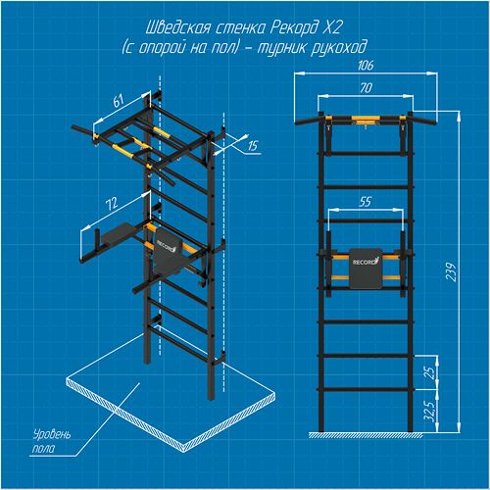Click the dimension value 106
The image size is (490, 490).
pyautogui.click(x=366, y=66)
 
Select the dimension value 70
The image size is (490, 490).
pyautogui.click(x=366, y=88)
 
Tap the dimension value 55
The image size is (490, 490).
pyautogui.click(x=366, y=202)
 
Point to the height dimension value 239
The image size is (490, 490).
pyautogui.click(x=452, y=271)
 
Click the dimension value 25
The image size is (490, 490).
pyautogui.click(x=431, y=372)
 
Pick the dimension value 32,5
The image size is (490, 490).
pyautogui.click(x=431, y=412)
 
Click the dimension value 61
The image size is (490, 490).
pyautogui.click(x=119, y=100)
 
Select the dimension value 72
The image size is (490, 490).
pyautogui.click(x=112, y=204)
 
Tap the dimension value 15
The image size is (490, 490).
pyautogui.click(x=253, y=146)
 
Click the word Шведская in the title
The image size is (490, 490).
pyautogui.click(x=178, y=28)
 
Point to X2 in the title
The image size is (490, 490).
pyautogui.click(x=332, y=27)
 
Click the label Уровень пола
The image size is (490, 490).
pyautogui.click(x=51, y=442)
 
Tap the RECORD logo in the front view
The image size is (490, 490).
pyautogui.click(x=366, y=262)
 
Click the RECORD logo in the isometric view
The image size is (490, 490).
pyautogui.click(x=167, y=246)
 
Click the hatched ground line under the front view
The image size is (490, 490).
pyautogui.click(x=366, y=435)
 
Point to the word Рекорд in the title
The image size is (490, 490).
pyautogui.click(x=295, y=28)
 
